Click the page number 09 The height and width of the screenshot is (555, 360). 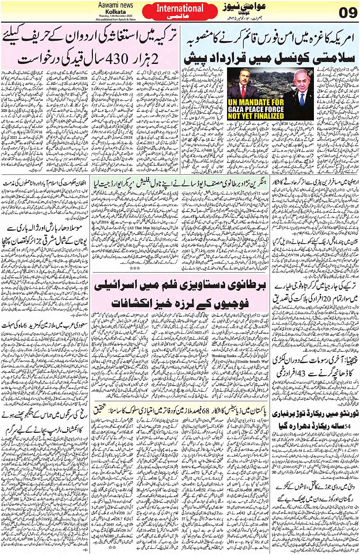tap(347, 12)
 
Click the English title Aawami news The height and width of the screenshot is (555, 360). tap(115, 5)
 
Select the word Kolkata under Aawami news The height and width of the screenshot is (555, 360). tap(116, 11)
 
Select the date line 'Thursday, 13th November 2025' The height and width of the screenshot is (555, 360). tap(115, 16)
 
